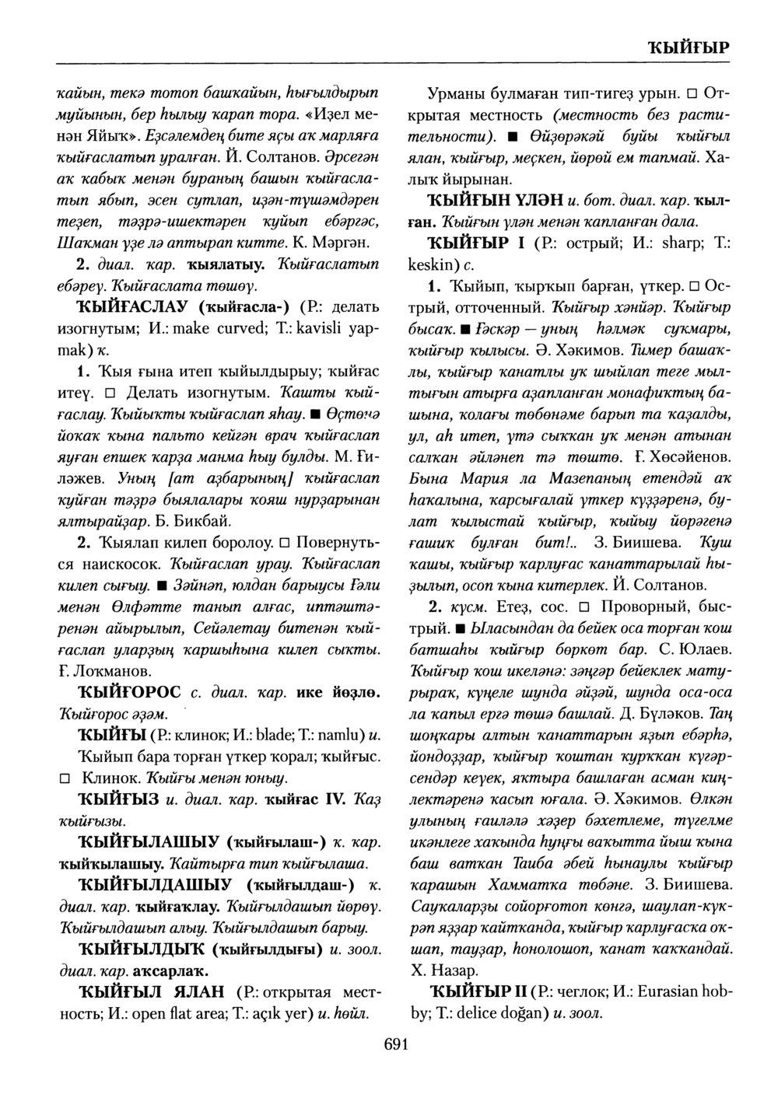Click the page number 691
coord(397,1044)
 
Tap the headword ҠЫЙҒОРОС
coord(129,692)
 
